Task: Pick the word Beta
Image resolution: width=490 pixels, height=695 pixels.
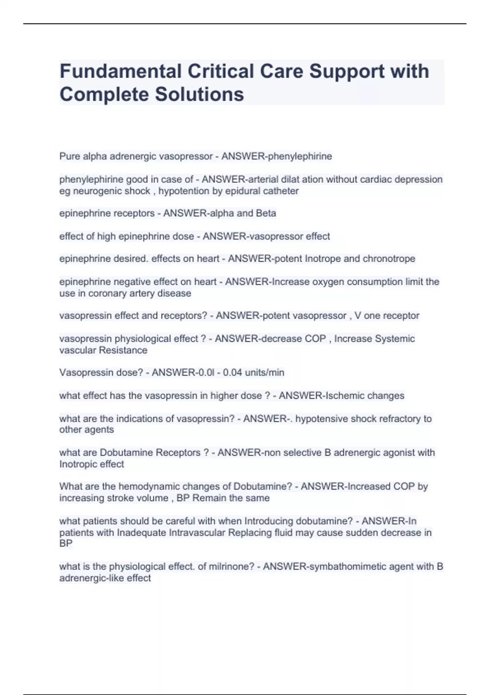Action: point(266,213)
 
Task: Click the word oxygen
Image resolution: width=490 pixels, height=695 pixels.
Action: point(328,282)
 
